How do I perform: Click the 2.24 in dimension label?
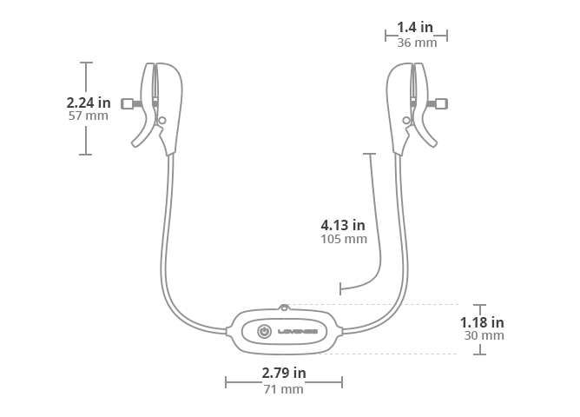pyautogui.click(x=89, y=103)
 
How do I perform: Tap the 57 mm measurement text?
pyautogui.click(x=89, y=116)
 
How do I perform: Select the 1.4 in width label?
pyautogui.click(x=415, y=27)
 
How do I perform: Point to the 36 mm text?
pyautogui.click(x=417, y=43)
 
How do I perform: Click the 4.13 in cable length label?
pyautogui.click(x=342, y=225)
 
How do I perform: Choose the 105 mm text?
pyautogui.click(x=344, y=239)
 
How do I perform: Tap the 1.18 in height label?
pyautogui.click(x=482, y=322)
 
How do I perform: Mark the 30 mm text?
pyautogui.click(x=484, y=335)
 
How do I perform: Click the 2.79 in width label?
pyautogui.click(x=284, y=373)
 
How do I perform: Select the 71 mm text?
pyautogui.click(x=283, y=389)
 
